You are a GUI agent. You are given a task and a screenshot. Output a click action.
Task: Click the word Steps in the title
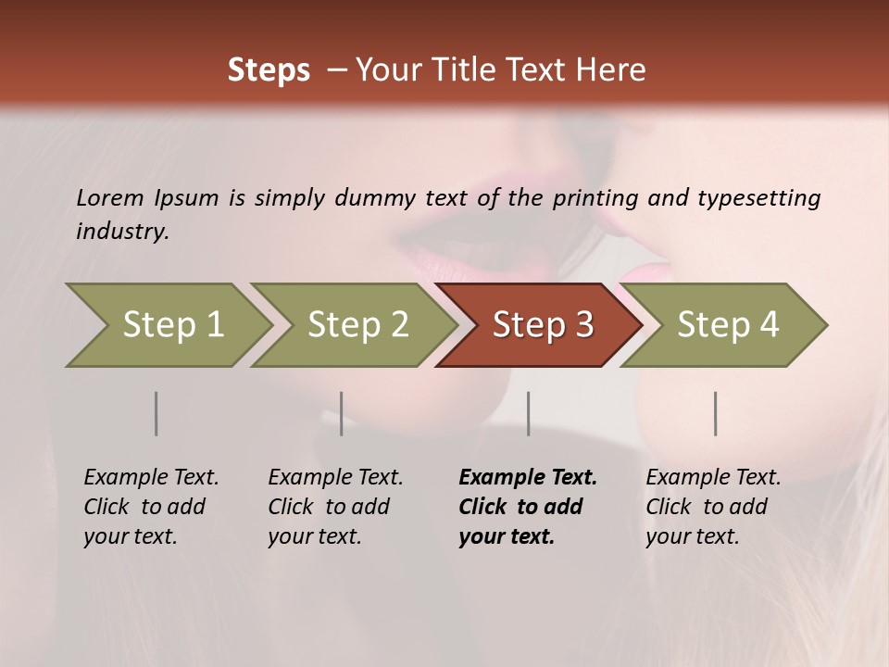pos(269,70)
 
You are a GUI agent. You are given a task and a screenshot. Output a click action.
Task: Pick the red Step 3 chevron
pos(543,324)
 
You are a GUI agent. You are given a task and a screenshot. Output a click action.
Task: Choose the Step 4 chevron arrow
pos(728,324)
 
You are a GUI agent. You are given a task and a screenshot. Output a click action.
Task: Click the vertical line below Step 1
pos(157,413)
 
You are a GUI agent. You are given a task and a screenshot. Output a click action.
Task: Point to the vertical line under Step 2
pos(342,413)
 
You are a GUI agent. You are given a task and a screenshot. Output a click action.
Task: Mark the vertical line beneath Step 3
pos(529,413)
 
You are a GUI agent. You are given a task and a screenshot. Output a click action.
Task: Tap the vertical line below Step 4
pos(716,413)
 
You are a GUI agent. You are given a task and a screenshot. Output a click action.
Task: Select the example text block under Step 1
pos(150,507)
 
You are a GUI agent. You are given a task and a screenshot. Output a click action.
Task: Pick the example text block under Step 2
pos(334,507)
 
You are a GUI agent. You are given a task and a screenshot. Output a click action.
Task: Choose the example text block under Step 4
pos(712,507)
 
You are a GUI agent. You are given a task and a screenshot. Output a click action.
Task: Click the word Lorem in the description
pos(110,198)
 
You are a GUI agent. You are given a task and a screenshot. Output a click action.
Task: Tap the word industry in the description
pos(121,232)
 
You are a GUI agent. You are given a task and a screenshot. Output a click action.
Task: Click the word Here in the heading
pos(613,70)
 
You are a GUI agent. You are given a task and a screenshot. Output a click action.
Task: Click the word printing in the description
pos(595,198)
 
